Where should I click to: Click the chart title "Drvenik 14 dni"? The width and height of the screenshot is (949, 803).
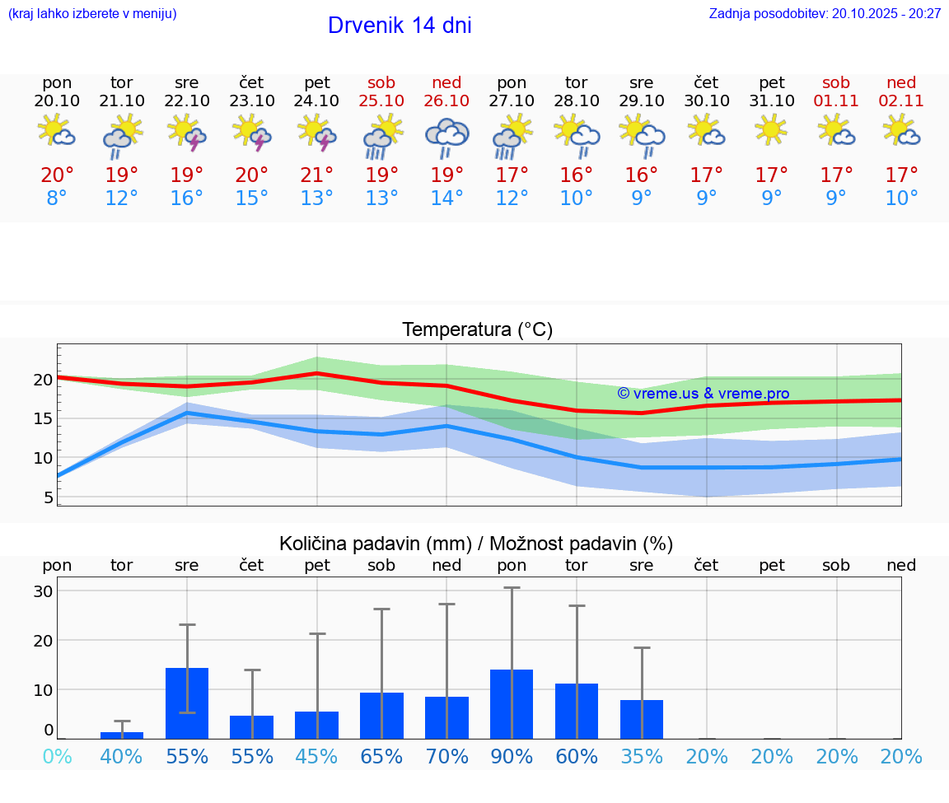coord(400,26)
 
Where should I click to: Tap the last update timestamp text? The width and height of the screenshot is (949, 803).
coord(825,13)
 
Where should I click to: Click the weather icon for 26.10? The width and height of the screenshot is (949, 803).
coord(446,137)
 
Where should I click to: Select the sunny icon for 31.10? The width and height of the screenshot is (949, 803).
coord(771,130)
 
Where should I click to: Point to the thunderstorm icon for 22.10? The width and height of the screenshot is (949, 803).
coord(187,133)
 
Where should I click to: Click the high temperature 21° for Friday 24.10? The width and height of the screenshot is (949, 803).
coord(317,175)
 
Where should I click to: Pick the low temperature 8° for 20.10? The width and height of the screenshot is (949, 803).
coord(57,198)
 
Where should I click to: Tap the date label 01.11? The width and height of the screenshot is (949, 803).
coord(836,101)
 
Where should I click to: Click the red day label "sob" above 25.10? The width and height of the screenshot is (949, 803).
coord(381,82)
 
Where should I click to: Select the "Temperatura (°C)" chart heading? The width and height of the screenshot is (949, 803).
coord(477,330)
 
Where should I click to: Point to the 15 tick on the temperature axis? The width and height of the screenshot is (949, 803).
coord(43,418)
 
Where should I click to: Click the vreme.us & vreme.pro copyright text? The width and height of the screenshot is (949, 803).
coord(703,394)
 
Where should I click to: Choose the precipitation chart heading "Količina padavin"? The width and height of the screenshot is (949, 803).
coord(476,544)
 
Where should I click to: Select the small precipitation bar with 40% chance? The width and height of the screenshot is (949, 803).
coord(122,735)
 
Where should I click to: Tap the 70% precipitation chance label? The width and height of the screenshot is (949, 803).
coord(446,757)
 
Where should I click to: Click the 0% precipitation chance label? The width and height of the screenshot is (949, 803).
coord(57,757)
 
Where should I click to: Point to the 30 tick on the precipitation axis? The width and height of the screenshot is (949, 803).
coord(43,591)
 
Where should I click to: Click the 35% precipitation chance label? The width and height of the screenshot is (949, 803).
coord(642,757)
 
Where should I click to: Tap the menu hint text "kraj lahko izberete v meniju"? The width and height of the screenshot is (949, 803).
coord(91,13)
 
